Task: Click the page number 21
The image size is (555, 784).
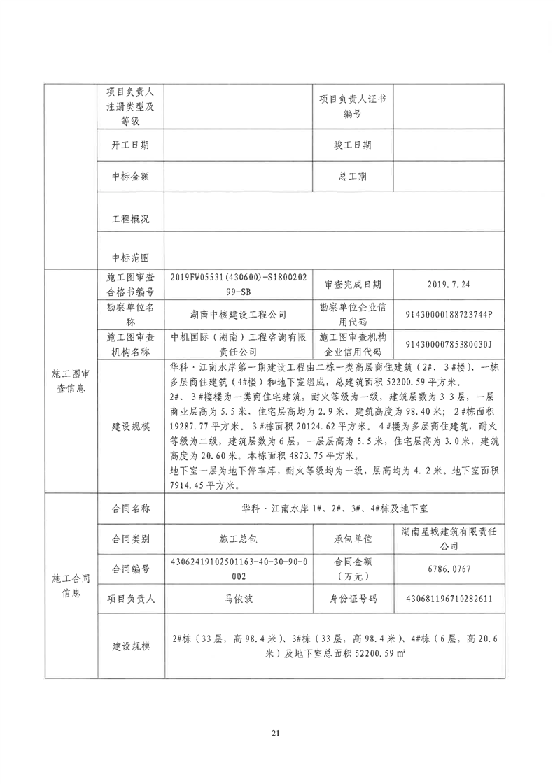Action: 275,734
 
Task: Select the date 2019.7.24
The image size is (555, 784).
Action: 449,285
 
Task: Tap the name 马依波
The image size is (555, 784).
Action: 237,599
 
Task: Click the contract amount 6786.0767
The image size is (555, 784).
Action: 449,569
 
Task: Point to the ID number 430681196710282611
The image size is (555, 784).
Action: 449,599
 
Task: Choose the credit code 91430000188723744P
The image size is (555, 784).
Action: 449,314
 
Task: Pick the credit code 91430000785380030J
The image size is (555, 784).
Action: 449,343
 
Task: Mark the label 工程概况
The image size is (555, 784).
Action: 130,219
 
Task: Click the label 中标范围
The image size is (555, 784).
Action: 130,257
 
